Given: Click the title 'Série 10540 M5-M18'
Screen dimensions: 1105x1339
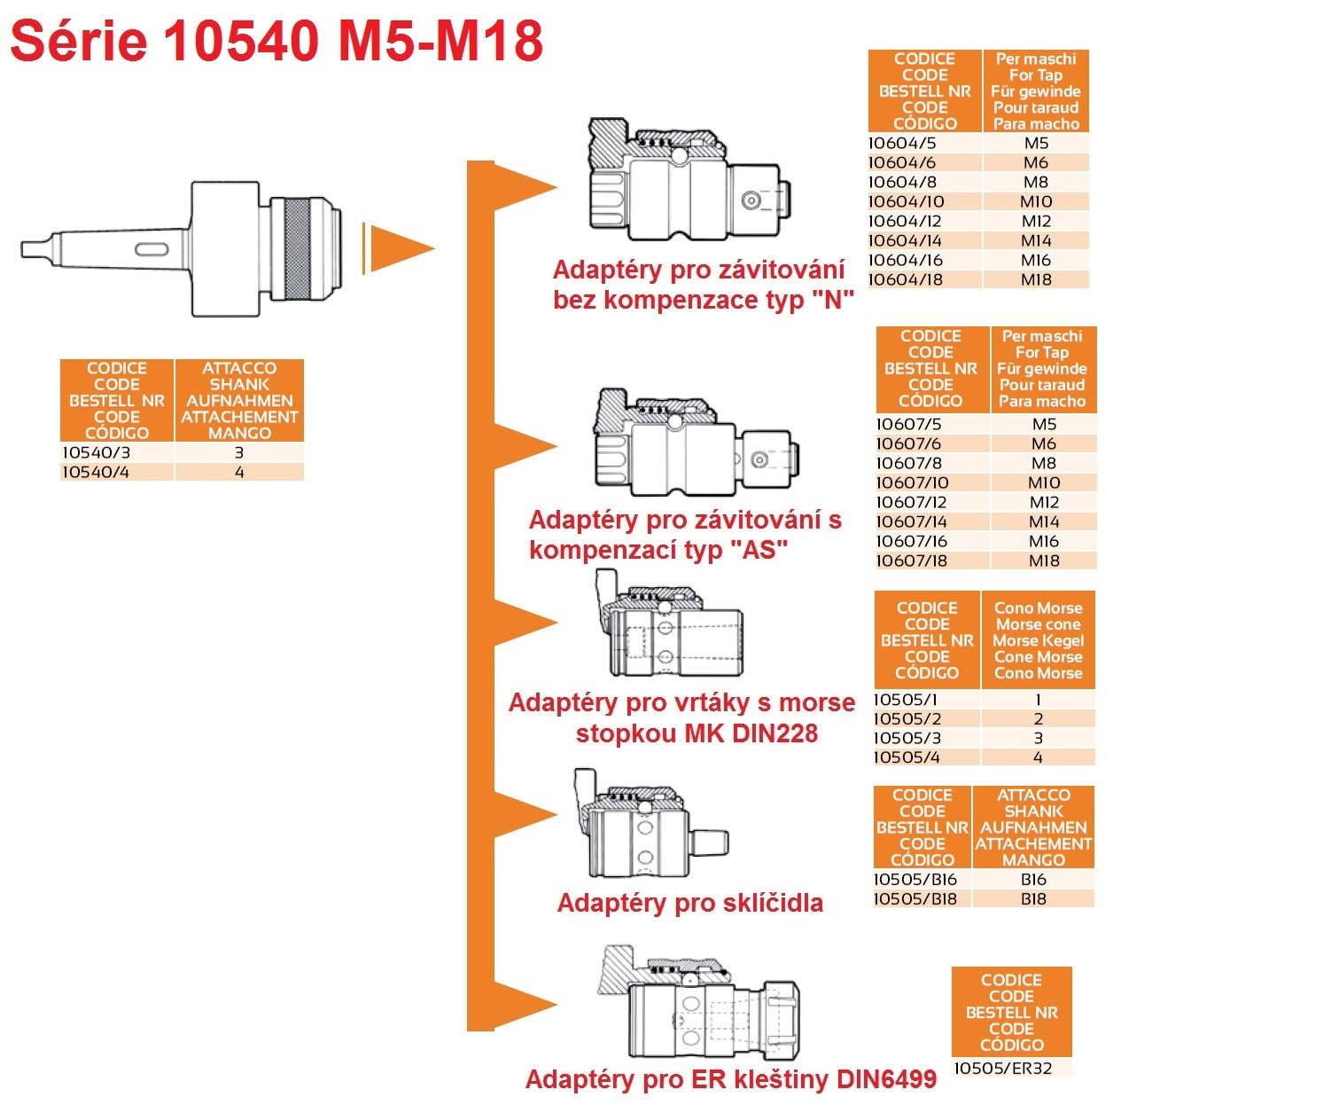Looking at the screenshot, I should click(276, 41).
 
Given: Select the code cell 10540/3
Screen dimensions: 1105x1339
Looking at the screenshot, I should click(97, 452).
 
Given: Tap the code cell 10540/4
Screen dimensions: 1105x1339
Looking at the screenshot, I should click(97, 472).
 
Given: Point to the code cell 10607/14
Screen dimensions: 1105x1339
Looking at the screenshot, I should click(912, 521).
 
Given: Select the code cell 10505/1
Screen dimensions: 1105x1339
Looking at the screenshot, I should click(906, 699).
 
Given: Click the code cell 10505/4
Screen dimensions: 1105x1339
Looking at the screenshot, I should click(907, 757).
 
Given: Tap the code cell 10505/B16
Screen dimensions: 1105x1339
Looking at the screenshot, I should click(915, 879).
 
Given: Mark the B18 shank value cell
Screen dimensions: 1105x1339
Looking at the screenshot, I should click(1033, 898).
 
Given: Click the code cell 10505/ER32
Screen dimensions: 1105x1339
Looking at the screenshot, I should click(1002, 1068).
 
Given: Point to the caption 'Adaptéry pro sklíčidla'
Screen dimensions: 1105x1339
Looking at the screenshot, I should click(689, 903).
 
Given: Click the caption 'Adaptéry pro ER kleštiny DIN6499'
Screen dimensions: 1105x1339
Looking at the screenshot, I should click(730, 1079).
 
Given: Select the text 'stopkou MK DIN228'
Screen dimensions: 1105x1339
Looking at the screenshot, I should click(697, 733).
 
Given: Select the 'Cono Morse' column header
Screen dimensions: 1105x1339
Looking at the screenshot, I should click(1038, 640).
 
